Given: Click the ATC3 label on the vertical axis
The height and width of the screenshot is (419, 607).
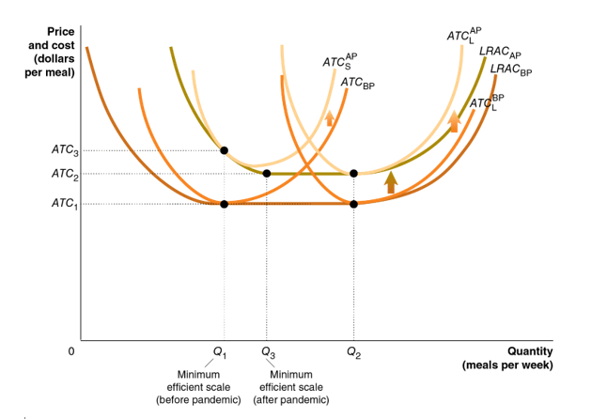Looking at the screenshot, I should [x=64, y=150].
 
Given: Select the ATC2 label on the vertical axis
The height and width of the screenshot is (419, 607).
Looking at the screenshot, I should [x=64, y=174].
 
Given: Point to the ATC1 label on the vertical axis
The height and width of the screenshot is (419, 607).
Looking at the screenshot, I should [x=64, y=204].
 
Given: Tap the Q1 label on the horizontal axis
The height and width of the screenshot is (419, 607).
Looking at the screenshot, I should [x=220, y=354].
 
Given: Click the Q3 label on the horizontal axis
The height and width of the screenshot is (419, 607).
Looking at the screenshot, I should [x=269, y=354].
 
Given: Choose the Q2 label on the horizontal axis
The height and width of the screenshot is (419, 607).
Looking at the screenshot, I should [x=352, y=354].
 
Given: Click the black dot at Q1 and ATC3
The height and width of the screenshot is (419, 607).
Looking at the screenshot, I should [x=224, y=150].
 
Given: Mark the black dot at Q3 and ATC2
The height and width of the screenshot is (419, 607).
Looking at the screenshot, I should [x=267, y=174].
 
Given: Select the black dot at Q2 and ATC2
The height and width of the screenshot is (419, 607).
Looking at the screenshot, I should [x=353, y=174].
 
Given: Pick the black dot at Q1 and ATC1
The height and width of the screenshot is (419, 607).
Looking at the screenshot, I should [x=224, y=204].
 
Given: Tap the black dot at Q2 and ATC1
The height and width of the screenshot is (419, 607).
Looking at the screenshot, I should [x=353, y=204].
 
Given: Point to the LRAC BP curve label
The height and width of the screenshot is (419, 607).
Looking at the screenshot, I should [x=510, y=70].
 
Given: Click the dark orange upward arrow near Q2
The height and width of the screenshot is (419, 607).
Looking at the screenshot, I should [x=391, y=181].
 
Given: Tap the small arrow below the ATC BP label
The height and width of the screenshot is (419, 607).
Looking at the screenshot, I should [x=329, y=118].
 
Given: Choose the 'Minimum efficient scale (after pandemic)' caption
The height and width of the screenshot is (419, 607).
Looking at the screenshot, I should [x=291, y=388].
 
